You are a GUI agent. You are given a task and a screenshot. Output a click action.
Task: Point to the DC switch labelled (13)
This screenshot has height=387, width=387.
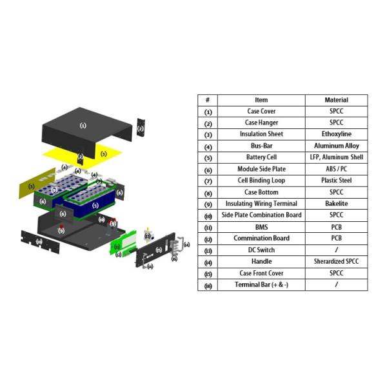[148, 236]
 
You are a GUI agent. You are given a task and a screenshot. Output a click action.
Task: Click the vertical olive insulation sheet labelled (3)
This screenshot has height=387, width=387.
[30, 187]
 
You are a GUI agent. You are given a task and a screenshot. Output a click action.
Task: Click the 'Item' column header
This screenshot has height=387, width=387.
[261, 100]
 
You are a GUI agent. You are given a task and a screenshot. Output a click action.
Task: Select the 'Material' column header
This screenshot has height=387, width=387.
[336, 100]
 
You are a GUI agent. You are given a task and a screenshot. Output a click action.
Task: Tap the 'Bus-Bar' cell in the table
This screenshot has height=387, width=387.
[261, 146]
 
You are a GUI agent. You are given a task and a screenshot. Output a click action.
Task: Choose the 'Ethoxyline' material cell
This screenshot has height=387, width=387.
[336, 134]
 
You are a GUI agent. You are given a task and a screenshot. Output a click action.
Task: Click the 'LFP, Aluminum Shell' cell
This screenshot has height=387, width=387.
[336, 157]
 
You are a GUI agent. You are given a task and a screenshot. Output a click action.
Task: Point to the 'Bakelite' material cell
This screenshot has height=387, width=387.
[336, 204]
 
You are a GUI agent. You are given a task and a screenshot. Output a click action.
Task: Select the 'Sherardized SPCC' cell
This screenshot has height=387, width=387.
[336, 261]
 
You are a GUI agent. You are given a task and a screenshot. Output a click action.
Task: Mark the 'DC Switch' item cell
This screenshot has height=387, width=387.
[261, 250]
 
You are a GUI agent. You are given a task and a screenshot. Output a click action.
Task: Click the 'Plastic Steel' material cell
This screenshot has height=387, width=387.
[336, 181]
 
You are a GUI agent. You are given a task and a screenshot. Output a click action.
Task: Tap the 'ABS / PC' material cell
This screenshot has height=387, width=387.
[336, 169]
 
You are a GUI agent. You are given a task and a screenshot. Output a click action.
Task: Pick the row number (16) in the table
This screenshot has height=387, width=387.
[208, 285]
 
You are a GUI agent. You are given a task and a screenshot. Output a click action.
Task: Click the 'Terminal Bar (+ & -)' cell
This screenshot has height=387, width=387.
[261, 284]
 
